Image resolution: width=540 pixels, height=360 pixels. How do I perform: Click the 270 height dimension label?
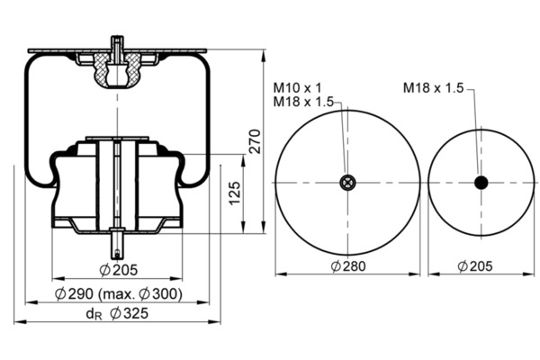[256, 141]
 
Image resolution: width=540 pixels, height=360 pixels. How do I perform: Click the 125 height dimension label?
[235, 193]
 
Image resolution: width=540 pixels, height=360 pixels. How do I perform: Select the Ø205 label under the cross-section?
[119, 270]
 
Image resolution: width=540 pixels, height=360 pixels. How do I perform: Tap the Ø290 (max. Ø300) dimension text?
[119, 294]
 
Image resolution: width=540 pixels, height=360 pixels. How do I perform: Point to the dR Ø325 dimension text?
[117, 313]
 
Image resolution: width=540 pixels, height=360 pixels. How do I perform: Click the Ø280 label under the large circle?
[348, 266]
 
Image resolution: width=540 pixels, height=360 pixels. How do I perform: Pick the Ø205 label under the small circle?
[475, 266]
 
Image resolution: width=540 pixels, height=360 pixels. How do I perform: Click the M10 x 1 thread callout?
[298, 88]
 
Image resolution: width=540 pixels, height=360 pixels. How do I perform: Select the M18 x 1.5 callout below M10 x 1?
[303, 102]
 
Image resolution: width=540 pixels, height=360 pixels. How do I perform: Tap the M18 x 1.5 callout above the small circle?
[434, 88]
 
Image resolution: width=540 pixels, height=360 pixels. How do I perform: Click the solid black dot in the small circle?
[481, 183]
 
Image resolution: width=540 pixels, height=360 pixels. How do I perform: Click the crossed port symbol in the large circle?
[347, 183]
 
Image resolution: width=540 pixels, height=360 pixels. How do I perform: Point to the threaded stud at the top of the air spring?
[117, 49]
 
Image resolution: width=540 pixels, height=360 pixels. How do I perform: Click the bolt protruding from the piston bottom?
[117, 243]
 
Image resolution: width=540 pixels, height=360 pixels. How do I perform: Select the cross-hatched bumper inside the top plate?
[118, 70]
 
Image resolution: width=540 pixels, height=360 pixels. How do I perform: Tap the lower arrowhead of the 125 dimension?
[243, 228]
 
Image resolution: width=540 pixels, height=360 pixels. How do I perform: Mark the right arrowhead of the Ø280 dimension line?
[414, 274]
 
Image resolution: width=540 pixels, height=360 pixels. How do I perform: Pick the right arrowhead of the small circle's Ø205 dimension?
[528, 274]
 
